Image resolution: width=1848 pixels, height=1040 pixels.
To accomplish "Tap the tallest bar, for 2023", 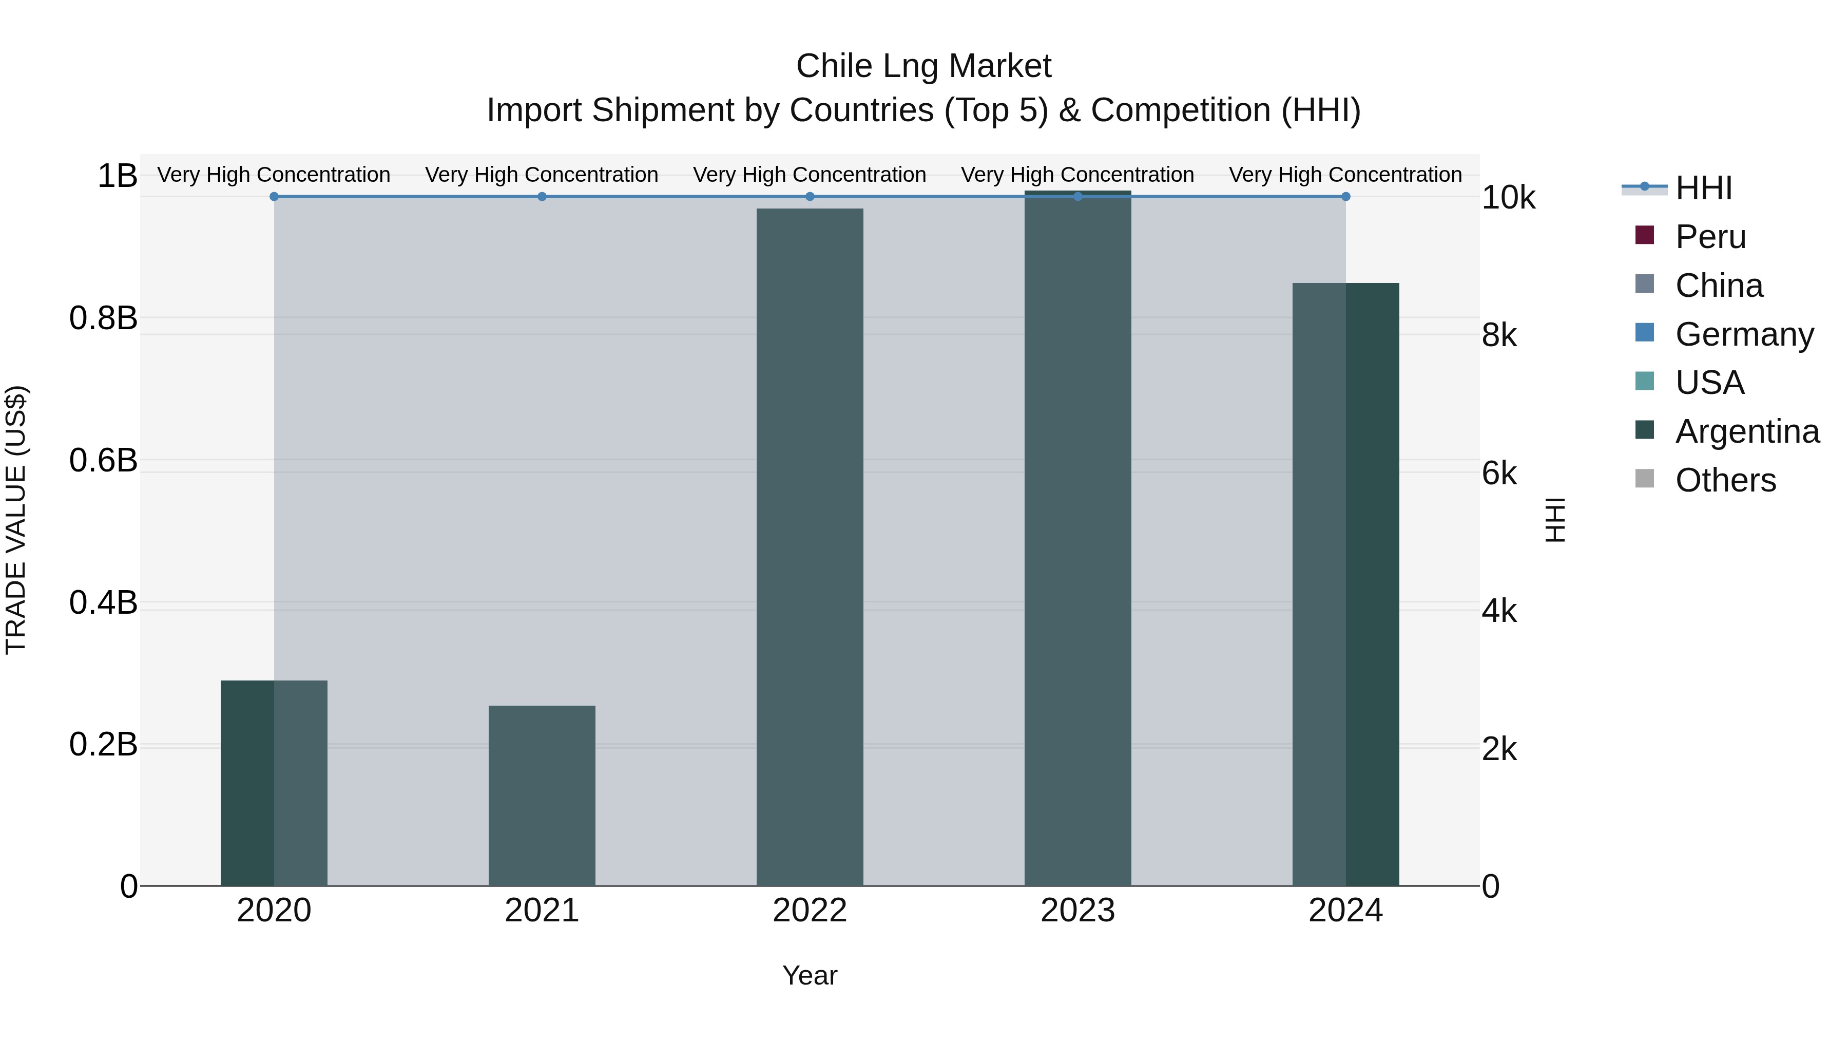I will pos(1077,538).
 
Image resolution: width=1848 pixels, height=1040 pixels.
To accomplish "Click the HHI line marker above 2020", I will pos(274,197).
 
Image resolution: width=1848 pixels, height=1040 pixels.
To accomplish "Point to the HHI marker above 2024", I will pos(1345,197).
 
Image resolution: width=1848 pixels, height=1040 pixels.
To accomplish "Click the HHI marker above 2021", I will pos(542,197).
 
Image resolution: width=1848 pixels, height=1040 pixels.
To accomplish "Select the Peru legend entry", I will pos(1710,237).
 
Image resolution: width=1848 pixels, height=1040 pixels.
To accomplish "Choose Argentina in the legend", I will pos(1747,431).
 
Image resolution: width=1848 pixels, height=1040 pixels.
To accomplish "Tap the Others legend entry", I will pos(1725,480).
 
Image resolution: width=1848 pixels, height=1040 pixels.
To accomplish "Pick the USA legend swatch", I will pos(1644,382).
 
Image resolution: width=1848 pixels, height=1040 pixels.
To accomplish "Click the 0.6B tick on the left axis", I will pos(103,460).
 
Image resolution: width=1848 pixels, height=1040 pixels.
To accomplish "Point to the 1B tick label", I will pos(117,176).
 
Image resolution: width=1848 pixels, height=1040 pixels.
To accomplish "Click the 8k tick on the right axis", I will pos(1499,335).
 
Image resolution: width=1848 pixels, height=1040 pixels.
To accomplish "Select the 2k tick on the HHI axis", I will pos(1499,749).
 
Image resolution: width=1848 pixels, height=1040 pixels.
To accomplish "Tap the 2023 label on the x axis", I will pos(1077,911).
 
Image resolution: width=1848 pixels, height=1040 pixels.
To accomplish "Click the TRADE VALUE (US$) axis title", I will pos(16,520).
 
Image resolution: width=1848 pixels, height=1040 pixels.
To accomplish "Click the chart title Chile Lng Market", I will pos(923,66).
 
